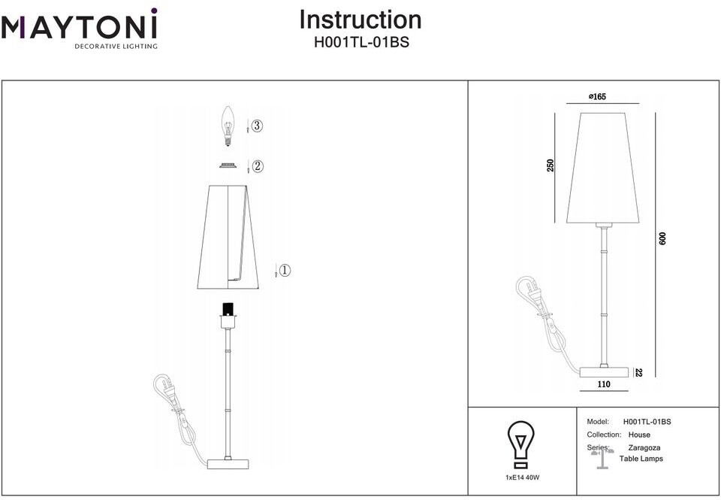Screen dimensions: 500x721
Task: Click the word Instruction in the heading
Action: pos(360,20)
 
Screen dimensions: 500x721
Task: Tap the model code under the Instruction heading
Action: pos(361,43)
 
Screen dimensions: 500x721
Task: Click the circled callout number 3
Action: pos(257,126)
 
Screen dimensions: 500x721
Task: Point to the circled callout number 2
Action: pos(258,166)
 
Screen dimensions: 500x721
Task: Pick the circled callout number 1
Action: pos(285,270)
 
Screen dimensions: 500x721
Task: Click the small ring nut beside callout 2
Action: pos(228,165)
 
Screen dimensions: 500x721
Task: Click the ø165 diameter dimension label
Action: pos(597,97)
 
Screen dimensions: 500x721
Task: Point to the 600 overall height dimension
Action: pos(662,238)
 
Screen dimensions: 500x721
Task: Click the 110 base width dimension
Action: pos(603,384)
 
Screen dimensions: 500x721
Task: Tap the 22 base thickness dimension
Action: pos(638,371)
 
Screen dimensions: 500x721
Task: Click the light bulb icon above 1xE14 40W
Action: pos(520,444)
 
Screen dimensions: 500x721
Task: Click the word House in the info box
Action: pos(639,435)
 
